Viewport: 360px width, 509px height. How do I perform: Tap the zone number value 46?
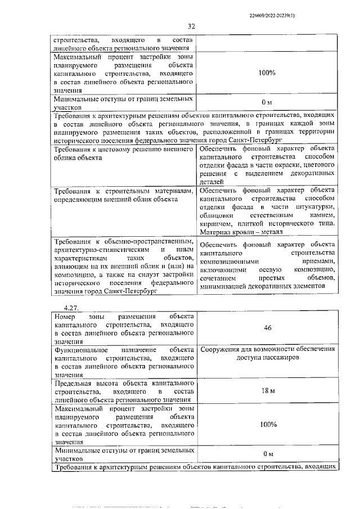pos(268,327)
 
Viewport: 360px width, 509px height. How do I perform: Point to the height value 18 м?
pos(268,390)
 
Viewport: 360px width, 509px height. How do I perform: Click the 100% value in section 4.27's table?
pos(268,425)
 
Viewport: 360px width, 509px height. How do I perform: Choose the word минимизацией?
pos(227,286)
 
